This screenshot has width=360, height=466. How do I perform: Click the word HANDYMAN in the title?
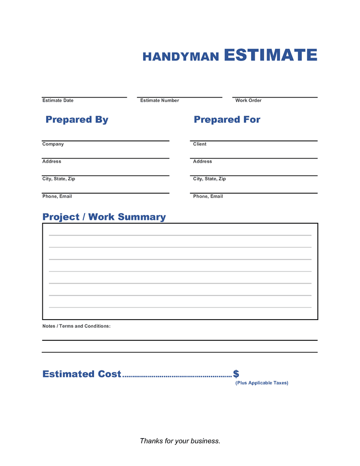(180, 57)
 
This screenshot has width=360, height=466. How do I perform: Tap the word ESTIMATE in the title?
(270, 55)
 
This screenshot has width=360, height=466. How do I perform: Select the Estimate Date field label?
(58, 100)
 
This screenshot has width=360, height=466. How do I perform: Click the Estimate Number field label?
(159, 100)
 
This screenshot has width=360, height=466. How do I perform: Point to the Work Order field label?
(248, 100)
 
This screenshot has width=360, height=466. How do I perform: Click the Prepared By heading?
(77, 119)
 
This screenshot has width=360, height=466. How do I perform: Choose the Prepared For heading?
(227, 119)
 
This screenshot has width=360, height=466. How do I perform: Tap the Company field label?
(53, 144)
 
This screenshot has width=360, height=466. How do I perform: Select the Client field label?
(200, 144)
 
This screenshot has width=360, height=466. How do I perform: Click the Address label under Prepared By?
(52, 161)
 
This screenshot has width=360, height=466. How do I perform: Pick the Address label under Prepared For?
(203, 161)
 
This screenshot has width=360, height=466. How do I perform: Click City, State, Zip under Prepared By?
(59, 179)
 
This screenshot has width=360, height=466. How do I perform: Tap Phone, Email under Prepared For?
(208, 196)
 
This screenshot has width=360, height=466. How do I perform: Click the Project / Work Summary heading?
(104, 217)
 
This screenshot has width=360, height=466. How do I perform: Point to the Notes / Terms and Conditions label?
(76, 326)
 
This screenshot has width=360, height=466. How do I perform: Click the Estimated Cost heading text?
(82, 374)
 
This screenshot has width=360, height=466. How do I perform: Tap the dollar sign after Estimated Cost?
(236, 374)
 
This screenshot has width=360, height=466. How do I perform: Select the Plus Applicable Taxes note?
(262, 383)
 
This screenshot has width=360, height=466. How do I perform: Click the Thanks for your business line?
(180, 441)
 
